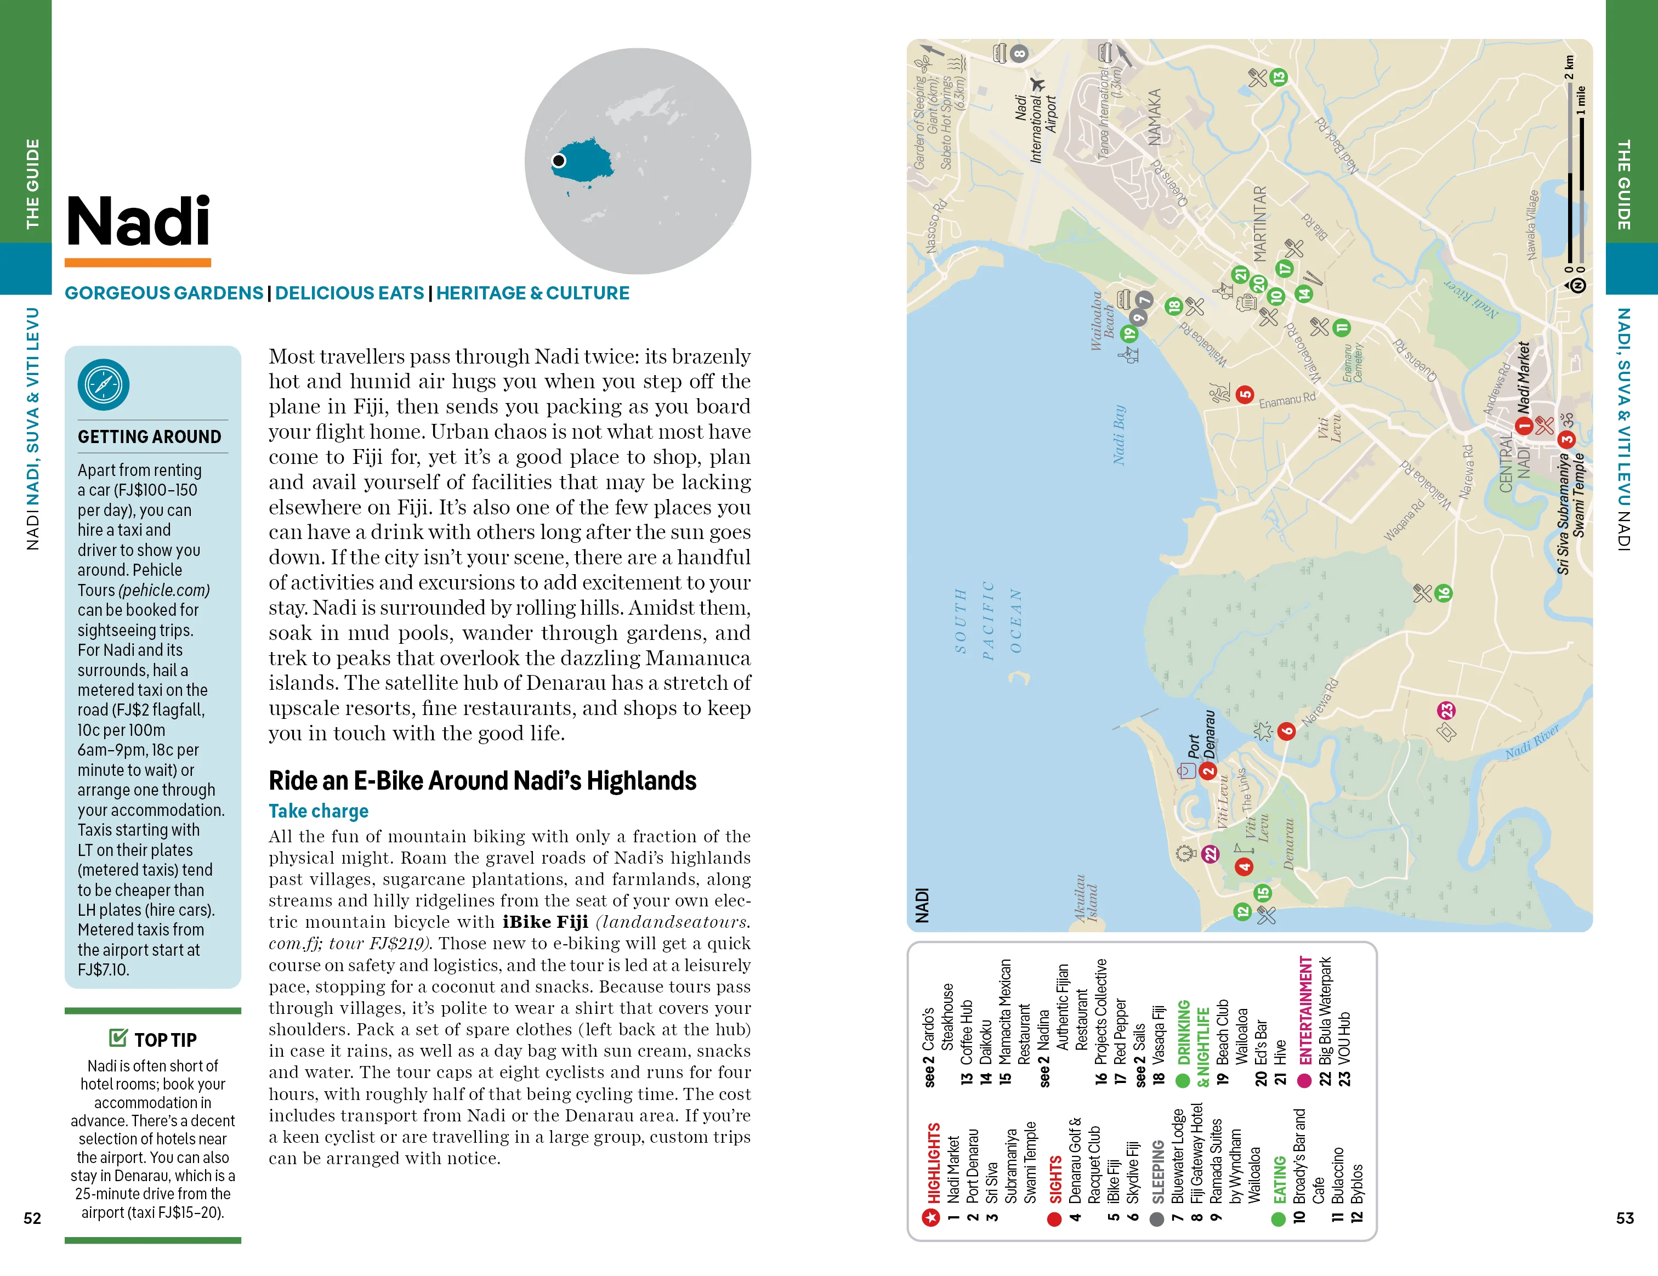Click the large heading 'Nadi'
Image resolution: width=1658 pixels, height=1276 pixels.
coord(138,221)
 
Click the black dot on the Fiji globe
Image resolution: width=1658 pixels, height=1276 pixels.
coord(559,160)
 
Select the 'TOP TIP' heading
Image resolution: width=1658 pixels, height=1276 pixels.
coord(164,1039)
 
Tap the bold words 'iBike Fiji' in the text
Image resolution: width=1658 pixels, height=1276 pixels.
coord(545,922)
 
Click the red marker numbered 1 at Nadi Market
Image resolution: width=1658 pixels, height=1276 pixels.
coord(1523,427)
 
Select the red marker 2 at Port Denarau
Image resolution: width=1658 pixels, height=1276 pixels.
coord(1207,771)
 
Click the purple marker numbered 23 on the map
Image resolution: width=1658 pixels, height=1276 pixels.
coord(1446,711)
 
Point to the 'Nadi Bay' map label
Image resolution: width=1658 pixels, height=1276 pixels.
coord(1118,434)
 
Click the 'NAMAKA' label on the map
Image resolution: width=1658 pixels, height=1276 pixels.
coord(1154,116)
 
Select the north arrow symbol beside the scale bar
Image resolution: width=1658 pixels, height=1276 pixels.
coord(1577,285)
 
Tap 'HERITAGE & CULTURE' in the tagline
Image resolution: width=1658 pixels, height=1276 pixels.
coord(532,293)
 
